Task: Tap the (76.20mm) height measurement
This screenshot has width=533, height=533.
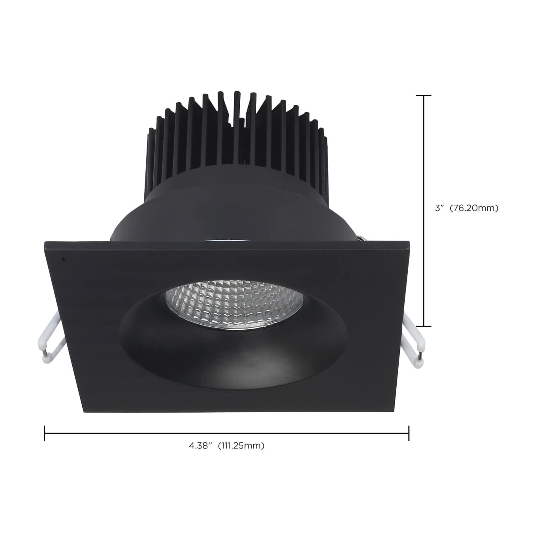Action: click(474, 208)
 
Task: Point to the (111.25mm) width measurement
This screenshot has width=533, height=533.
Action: click(241, 445)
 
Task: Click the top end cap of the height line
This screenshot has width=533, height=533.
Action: click(424, 96)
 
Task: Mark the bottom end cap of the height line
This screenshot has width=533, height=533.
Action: click(424, 326)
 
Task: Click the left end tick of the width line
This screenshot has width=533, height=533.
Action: click(45, 433)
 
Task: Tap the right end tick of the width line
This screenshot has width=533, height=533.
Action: click(409, 433)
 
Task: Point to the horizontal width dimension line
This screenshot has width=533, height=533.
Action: click(228, 433)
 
